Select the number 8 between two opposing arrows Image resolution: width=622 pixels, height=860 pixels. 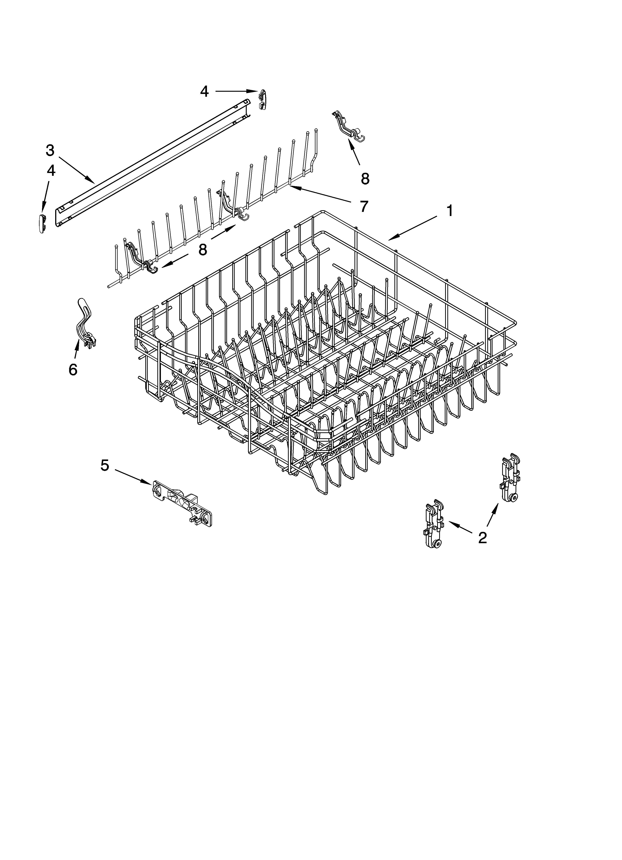tap(203, 249)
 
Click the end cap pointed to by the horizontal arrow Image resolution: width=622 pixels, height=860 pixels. tap(263, 99)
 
